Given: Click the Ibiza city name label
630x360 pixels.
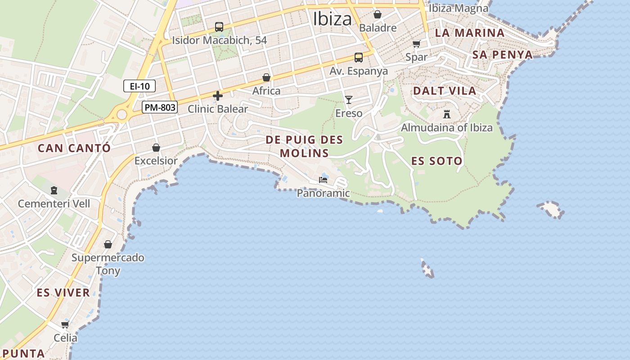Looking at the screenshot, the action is click(333, 19).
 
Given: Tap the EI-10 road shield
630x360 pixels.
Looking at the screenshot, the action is click(139, 86).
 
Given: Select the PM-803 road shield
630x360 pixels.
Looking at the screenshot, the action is click(160, 108).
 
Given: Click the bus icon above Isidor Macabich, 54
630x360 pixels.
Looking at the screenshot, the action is click(219, 27).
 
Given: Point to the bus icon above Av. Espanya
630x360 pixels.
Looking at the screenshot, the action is click(358, 58).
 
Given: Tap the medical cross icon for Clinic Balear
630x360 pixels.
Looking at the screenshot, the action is click(218, 96).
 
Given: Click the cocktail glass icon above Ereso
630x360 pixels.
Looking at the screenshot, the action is click(349, 99).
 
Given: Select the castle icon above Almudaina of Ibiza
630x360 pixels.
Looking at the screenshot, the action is click(447, 114).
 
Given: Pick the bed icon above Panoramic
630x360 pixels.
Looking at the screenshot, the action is click(323, 180).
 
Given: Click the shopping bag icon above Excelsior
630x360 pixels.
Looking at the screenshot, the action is click(156, 148).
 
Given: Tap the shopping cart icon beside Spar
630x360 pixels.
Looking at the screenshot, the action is click(416, 44).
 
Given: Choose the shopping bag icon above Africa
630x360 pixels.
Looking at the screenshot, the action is click(266, 77).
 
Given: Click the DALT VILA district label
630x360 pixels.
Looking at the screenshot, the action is click(445, 91).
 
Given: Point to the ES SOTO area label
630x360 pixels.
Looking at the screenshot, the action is click(437, 161).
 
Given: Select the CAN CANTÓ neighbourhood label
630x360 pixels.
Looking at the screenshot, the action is click(74, 148).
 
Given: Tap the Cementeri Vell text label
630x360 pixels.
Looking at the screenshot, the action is click(54, 204).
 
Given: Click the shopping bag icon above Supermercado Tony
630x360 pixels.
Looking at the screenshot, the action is click(108, 244).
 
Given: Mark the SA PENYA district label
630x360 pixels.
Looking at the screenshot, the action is click(502, 55).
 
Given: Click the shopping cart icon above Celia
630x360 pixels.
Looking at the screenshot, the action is click(65, 324).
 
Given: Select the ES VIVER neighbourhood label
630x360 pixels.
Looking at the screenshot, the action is click(63, 293).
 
